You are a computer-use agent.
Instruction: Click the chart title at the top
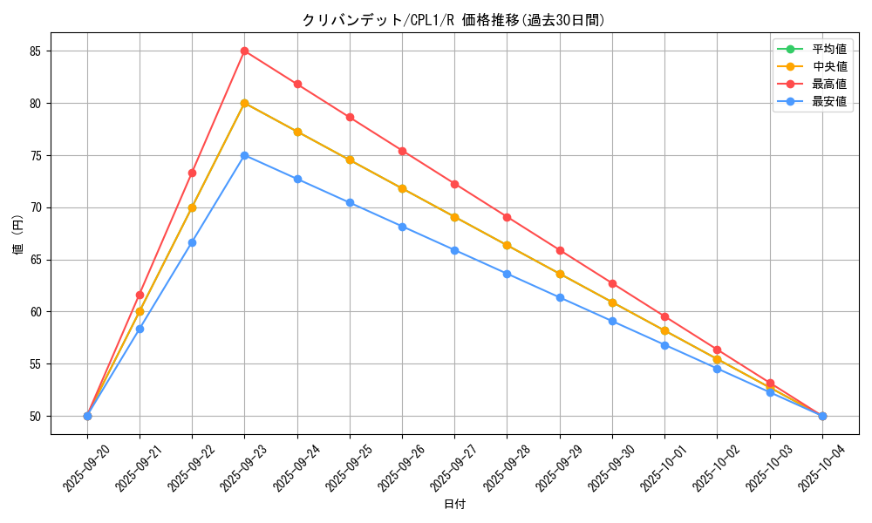tap(453, 20)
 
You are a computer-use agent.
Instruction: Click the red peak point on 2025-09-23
tap(245, 51)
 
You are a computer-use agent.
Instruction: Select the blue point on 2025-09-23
tap(245, 155)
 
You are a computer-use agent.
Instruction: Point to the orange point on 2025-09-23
tap(245, 103)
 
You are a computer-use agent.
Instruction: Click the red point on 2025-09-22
tap(192, 173)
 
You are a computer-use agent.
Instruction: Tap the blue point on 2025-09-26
tap(402, 227)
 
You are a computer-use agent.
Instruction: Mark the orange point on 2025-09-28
tap(507, 245)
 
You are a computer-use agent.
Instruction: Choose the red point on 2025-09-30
tap(612, 283)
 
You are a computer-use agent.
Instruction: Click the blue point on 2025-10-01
tap(664, 345)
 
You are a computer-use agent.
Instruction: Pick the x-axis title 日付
tap(454, 505)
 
